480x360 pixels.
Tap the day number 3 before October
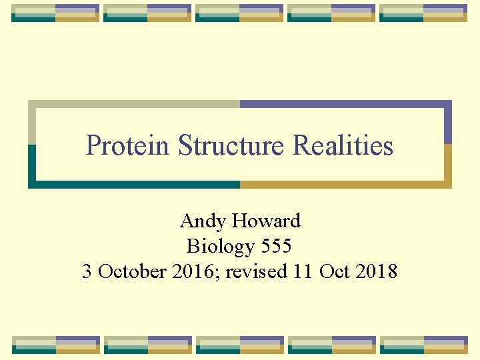pyautogui.click(x=87, y=271)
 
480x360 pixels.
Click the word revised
pyautogui.click(x=253, y=271)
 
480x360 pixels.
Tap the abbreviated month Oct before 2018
pyautogui.click(x=335, y=271)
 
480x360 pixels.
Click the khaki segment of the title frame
pyautogui.click(x=133, y=104)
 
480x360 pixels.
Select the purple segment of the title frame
pyautogui.click(x=347, y=104)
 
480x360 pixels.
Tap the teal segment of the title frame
pyautogui.click(x=133, y=185)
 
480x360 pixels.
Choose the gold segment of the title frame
pyautogui.click(x=347, y=185)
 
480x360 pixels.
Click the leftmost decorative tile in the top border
pyautogui.click(x=55, y=13)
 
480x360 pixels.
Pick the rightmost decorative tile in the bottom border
pyautogui.click(x=423, y=344)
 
